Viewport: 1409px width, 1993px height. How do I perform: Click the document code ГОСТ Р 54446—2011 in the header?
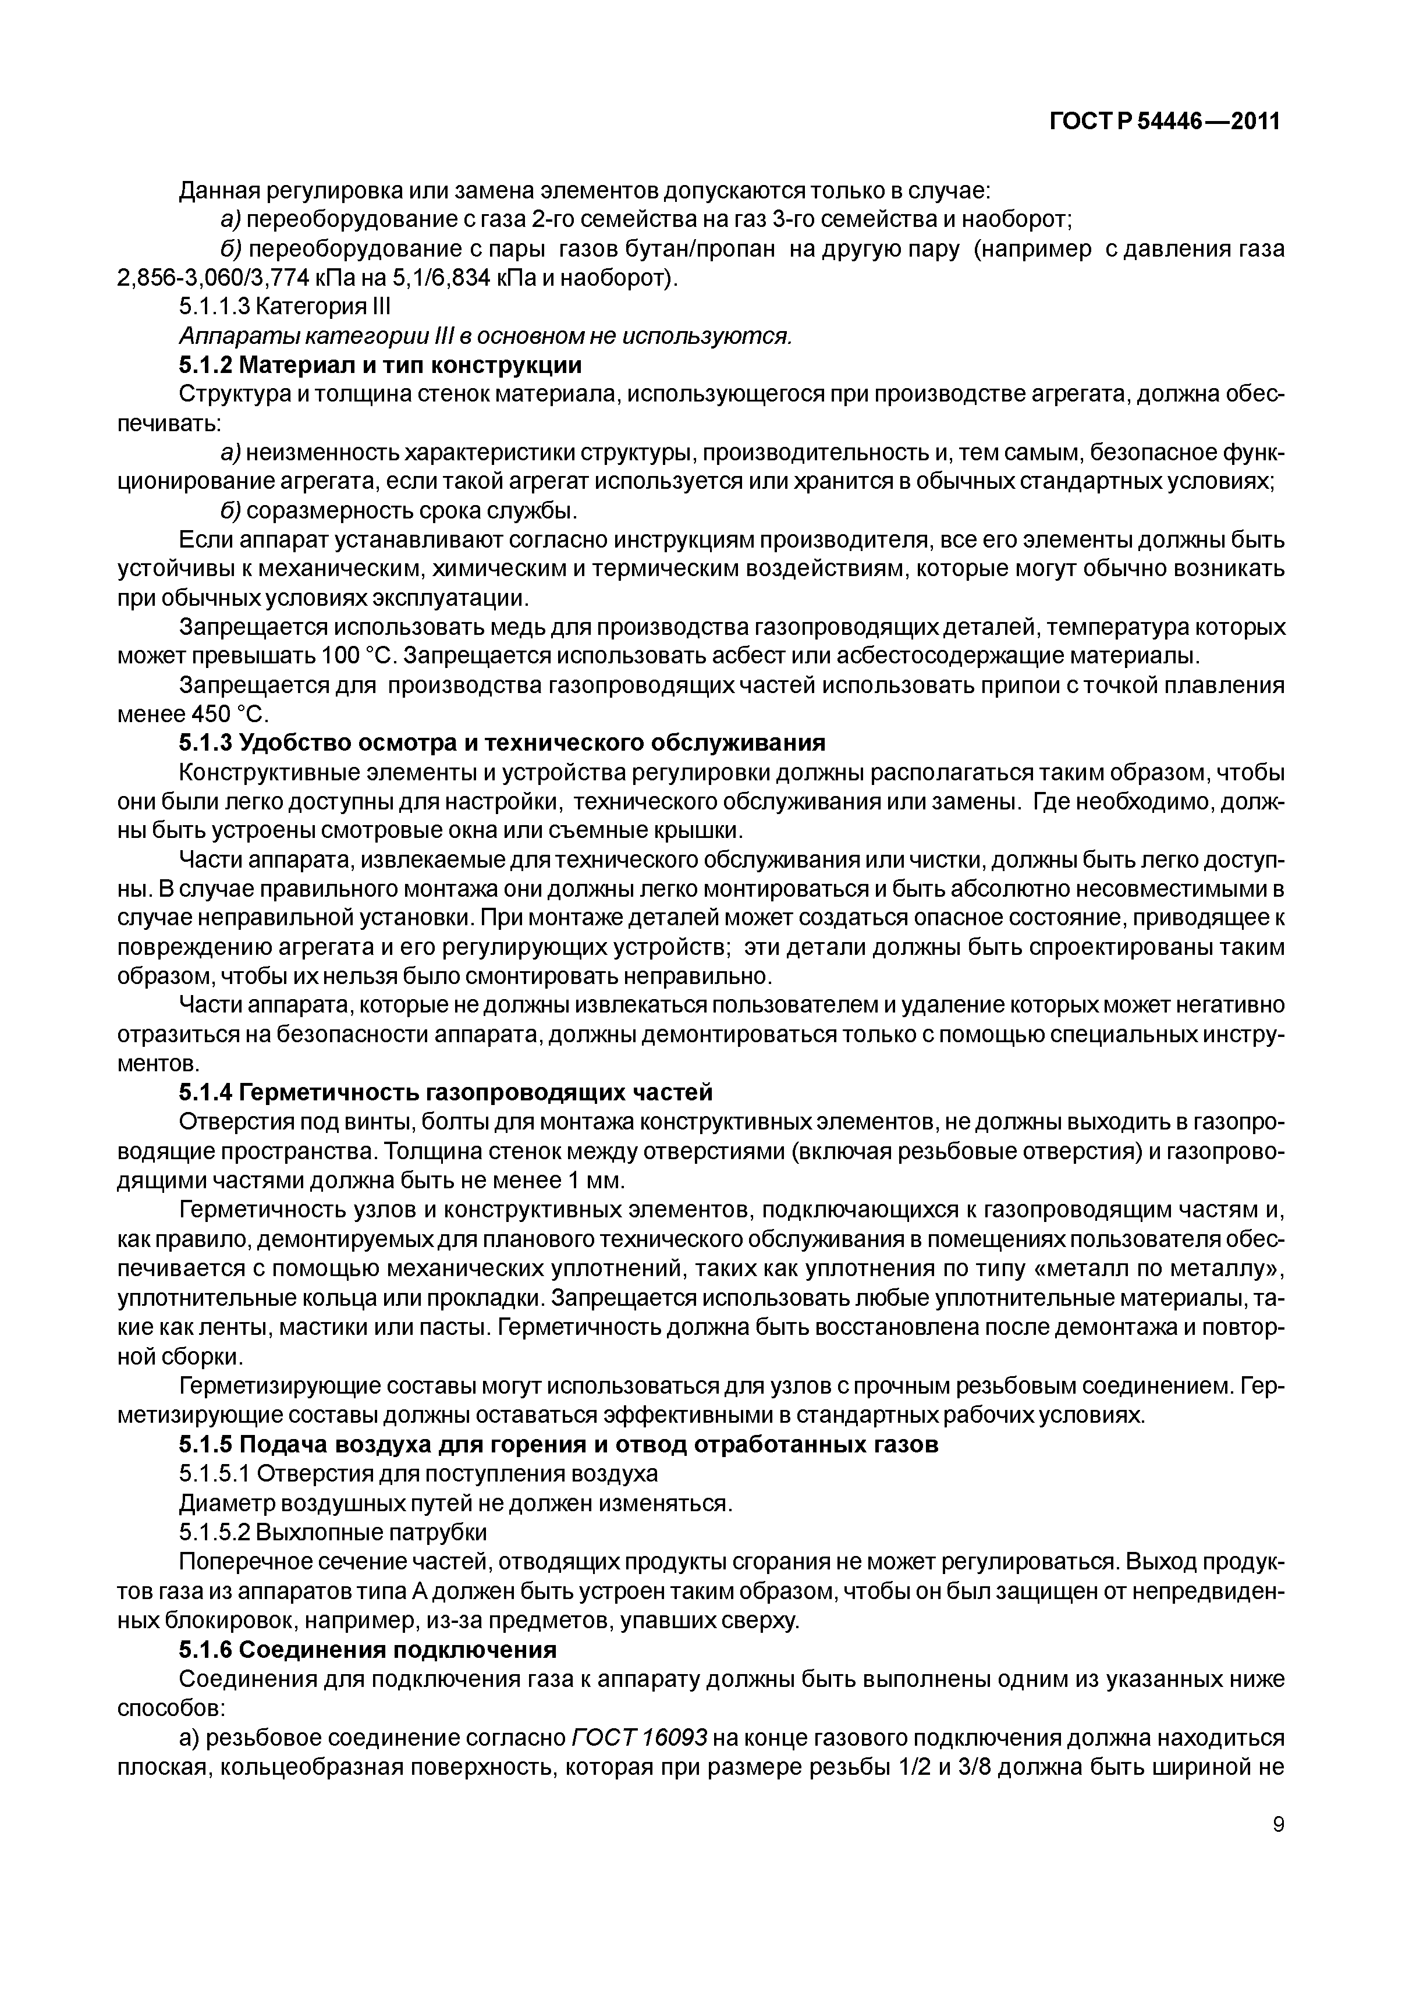point(1165,122)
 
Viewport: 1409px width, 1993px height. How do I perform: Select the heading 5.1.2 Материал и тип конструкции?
point(380,365)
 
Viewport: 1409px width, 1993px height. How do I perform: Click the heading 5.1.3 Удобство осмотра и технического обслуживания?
point(502,743)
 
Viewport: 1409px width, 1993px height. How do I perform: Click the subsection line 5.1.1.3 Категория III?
point(285,307)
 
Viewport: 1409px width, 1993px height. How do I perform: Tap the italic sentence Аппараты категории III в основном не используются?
point(485,335)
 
